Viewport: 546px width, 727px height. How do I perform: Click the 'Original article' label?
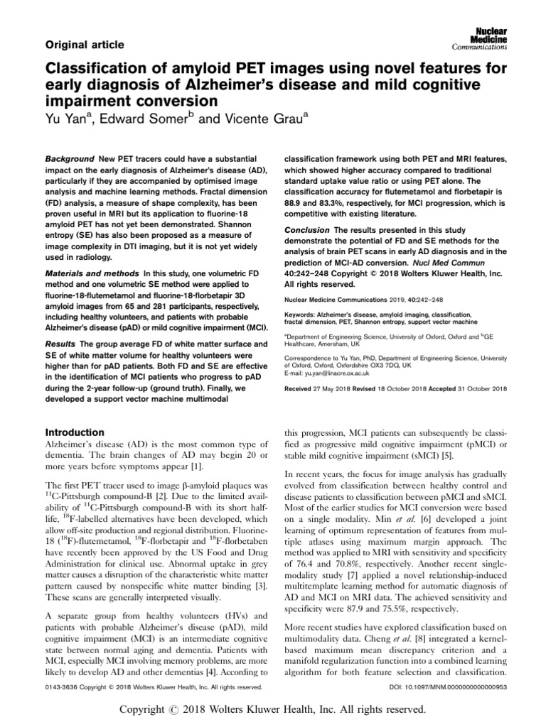pos(85,45)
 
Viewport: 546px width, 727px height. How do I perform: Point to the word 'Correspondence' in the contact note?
pos(308,359)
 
